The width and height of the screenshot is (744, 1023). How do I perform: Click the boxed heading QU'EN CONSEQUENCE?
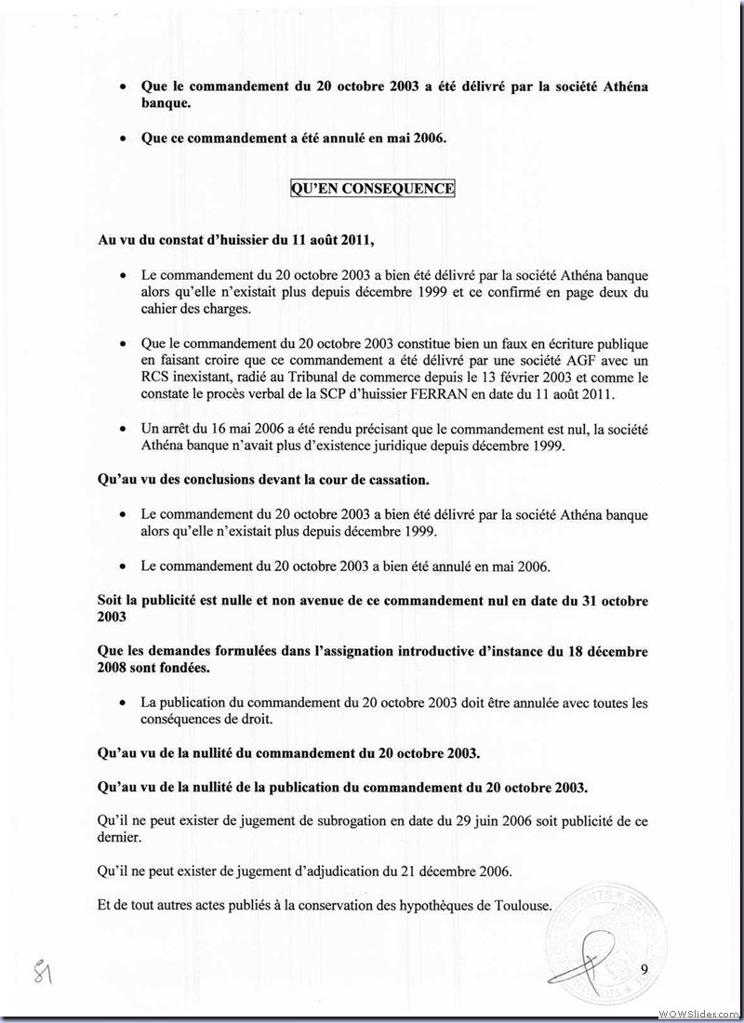pyautogui.click(x=372, y=189)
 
